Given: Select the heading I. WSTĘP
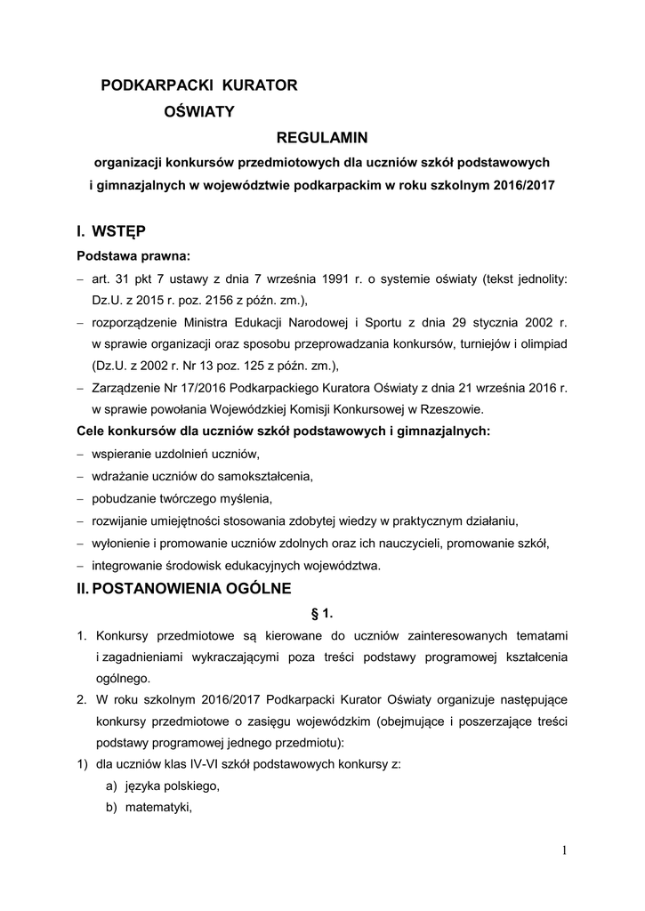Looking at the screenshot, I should click(111, 232).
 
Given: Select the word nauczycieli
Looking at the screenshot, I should click(406, 544).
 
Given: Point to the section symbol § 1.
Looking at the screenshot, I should click(321, 613).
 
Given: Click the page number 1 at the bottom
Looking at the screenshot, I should click(564, 851).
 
